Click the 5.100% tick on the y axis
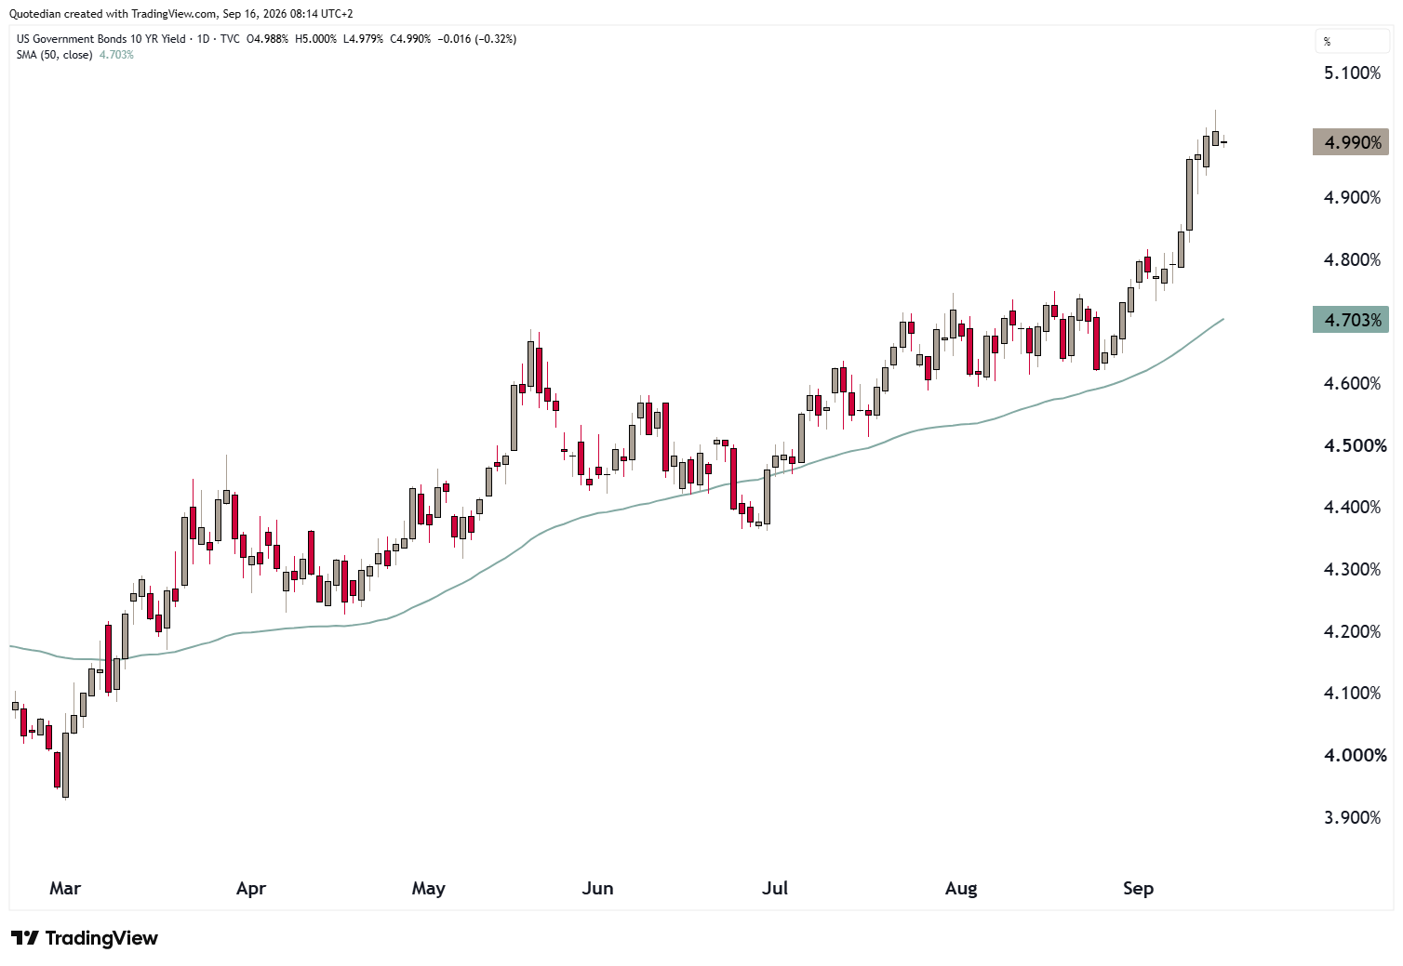pos(1352,73)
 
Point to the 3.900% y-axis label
pos(1352,817)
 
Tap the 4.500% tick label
pos(1355,445)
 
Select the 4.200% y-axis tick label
pos(1352,631)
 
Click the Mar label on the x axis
pos(65,889)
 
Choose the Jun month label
pos(597,889)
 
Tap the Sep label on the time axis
pos(1138,889)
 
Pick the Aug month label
pos(961,889)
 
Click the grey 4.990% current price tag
pos(1351,143)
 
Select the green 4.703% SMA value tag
pos(1351,320)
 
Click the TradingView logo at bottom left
pos(85,938)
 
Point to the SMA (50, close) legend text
pos(55,55)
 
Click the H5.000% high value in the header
pos(315,39)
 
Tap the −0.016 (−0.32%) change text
pos(477,39)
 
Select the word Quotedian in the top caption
pos(32,14)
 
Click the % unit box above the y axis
pos(1352,42)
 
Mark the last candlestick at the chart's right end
pos(1223,143)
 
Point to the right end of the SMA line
pos(1223,319)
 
